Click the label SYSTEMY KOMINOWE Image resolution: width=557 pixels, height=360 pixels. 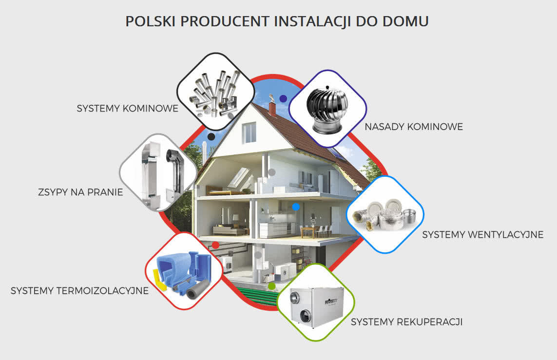[128, 108]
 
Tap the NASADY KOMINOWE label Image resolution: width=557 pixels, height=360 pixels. [414, 127]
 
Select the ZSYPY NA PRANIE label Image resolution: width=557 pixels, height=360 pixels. [80, 192]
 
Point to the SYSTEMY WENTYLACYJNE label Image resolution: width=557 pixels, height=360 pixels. [483, 235]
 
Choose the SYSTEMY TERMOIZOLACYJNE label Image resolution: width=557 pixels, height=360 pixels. [79, 291]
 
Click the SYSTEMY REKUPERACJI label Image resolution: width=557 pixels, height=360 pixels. [407, 322]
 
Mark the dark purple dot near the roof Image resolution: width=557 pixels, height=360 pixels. [283, 99]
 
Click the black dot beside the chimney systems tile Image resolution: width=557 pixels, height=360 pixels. [211, 137]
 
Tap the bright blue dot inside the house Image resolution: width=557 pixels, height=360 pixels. [296, 207]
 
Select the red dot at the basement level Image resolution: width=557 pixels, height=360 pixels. [215, 245]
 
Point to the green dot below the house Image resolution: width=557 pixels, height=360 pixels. [272, 286]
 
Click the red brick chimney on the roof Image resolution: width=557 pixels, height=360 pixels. [272, 109]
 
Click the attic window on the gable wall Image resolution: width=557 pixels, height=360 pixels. [249, 133]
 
